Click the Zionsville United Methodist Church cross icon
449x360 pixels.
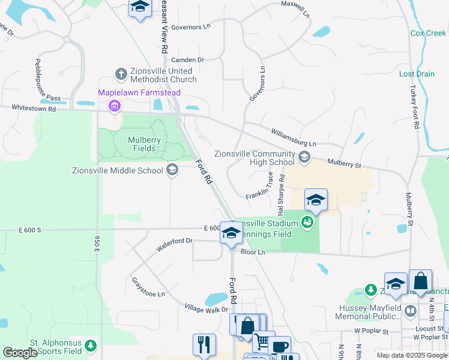121,74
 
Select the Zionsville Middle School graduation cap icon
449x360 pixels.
172,170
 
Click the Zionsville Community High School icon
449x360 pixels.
304,158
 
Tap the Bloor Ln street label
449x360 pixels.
253,253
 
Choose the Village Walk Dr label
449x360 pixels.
207,308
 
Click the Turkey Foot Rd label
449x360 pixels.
415,109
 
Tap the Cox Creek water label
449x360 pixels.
428,34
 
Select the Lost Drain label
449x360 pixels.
417,74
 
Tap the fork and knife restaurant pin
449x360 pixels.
204,345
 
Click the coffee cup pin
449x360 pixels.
279,347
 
